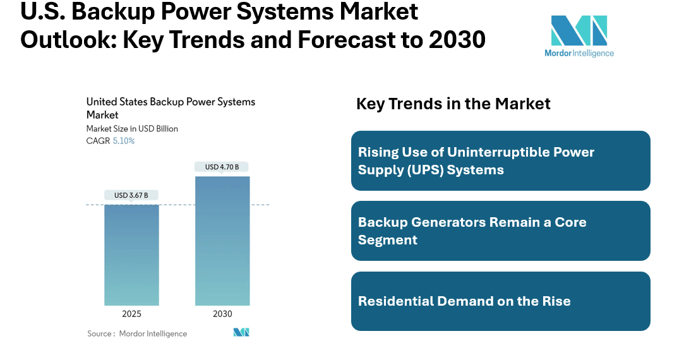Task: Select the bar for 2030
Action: coord(222,241)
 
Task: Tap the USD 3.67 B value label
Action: coord(131,195)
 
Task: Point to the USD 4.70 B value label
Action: coord(222,167)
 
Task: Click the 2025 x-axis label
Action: coord(131,314)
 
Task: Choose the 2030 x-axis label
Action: coord(222,314)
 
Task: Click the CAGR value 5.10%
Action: coord(124,141)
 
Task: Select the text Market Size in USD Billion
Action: coord(132,129)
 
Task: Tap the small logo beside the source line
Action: coord(241,332)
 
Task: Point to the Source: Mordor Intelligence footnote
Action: coord(137,333)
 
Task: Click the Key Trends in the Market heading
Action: coord(453,104)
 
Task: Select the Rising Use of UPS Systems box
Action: coord(500,161)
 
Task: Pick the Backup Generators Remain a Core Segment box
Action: coord(500,231)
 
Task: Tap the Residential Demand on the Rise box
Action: coord(500,301)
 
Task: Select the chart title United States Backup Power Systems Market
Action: coord(171,108)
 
